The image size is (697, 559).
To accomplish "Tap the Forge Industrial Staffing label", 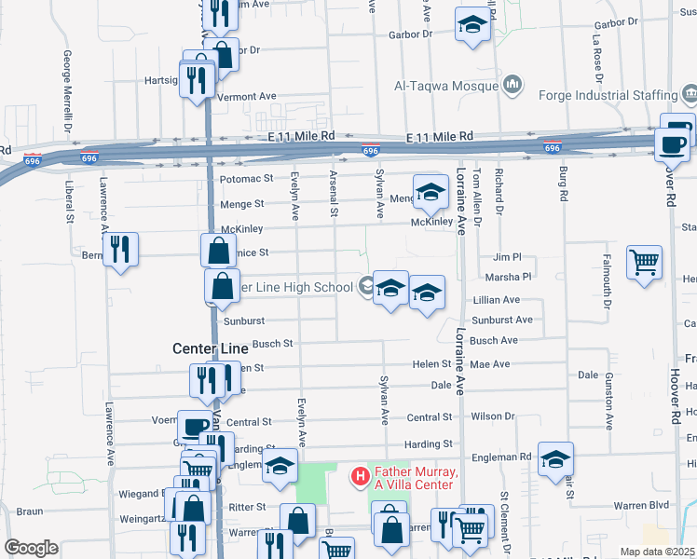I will [608, 95].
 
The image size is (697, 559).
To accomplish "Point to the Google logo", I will [31, 547].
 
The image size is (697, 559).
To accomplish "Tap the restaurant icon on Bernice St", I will [120, 249].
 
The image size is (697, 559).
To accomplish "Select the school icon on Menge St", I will [430, 192].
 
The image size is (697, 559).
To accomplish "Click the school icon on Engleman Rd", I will [555, 458].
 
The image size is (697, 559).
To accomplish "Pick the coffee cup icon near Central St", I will [195, 427].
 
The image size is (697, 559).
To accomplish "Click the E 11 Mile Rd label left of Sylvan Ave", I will [305, 135].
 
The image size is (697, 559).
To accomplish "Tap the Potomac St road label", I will [246, 178].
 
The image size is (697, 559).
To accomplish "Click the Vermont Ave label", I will [247, 96].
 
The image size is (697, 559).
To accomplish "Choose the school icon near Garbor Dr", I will [472, 25].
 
